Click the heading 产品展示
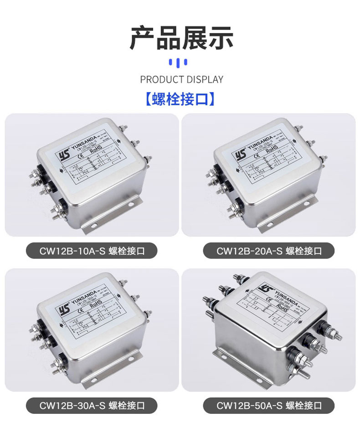[181, 38]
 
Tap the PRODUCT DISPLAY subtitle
[181, 79]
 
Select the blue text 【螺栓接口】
[180, 99]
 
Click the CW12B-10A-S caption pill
[92, 251]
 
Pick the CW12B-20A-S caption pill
[269, 251]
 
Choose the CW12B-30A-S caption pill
[92, 405]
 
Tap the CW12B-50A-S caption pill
[269, 405]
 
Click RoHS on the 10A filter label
[95, 149]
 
